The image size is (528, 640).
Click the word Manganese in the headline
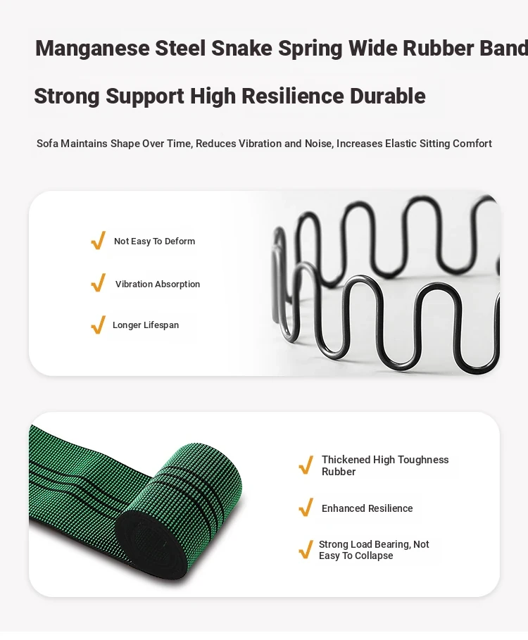[x=93, y=49]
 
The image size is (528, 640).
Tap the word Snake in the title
[x=241, y=48]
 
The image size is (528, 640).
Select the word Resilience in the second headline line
[x=293, y=96]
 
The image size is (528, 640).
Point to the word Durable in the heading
[x=388, y=96]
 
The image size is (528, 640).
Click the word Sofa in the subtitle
[x=47, y=144]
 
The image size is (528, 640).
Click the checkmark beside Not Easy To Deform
[x=99, y=240]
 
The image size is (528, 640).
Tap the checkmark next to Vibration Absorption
[x=99, y=283]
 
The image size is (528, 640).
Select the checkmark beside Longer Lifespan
[x=99, y=325]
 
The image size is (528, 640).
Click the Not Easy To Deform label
[x=155, y=241]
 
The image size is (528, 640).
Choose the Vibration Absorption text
[x=158, y=284]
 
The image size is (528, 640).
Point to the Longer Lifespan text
[x=146, y=325]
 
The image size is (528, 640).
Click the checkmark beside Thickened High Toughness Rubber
[x=306, y=465]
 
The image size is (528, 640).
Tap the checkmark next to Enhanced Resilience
[x=306, y=508]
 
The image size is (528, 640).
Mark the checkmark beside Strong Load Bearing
[x=306, y=549]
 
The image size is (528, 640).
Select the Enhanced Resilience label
[x=367, y=508]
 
